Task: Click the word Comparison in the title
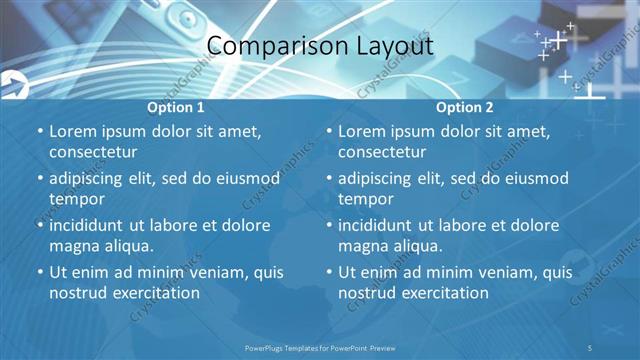tap(264, 47)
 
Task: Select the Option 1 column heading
tap(176, 107)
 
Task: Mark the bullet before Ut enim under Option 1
tap(40, 272)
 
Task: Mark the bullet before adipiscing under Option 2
tap(329, 178)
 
